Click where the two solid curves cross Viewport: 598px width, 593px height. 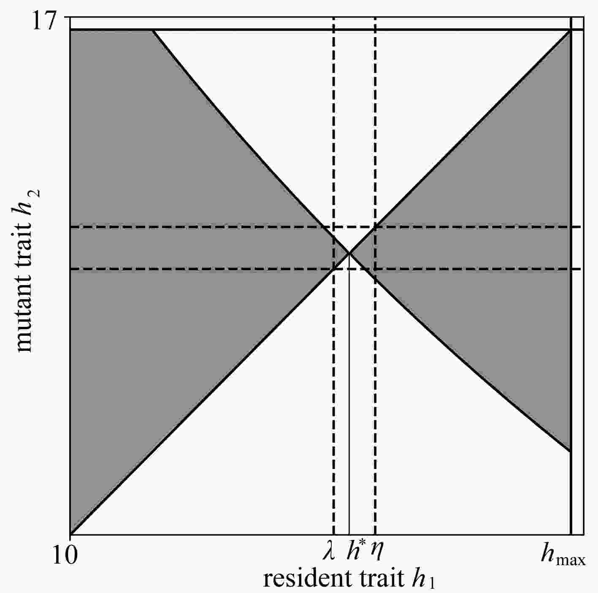pyautogui.click(x=349, y=253)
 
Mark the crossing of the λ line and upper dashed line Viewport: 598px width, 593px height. pyautogui.click(x=334, y=227)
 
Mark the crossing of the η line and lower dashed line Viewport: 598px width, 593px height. pyautogui.click(x=375, y=269)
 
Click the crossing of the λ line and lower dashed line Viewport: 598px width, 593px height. pyautogui.click(x=334, y=269)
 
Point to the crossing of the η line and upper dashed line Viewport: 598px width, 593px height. pyautogui.click(x=375, y=227)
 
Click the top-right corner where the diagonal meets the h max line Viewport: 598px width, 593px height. pyautogui.click(x=571, y=30)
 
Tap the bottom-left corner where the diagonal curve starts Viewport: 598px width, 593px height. pyautogui.click(x=70, y=534)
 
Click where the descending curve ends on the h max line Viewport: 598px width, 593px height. pyautogui.click(x=571, y=451)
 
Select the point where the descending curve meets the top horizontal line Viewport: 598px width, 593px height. pyautogui.click(x=152, y=30)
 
